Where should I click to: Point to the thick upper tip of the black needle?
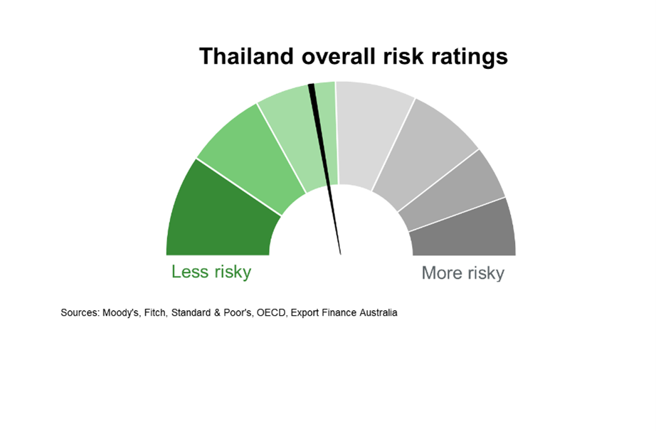pos(311,85)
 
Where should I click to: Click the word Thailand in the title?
pos(246,56)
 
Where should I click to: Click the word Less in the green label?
pos(190,272)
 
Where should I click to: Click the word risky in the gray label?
pos(486,273)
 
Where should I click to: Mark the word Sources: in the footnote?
pos(80,313)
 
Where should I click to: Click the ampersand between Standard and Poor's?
pos(217,313)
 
